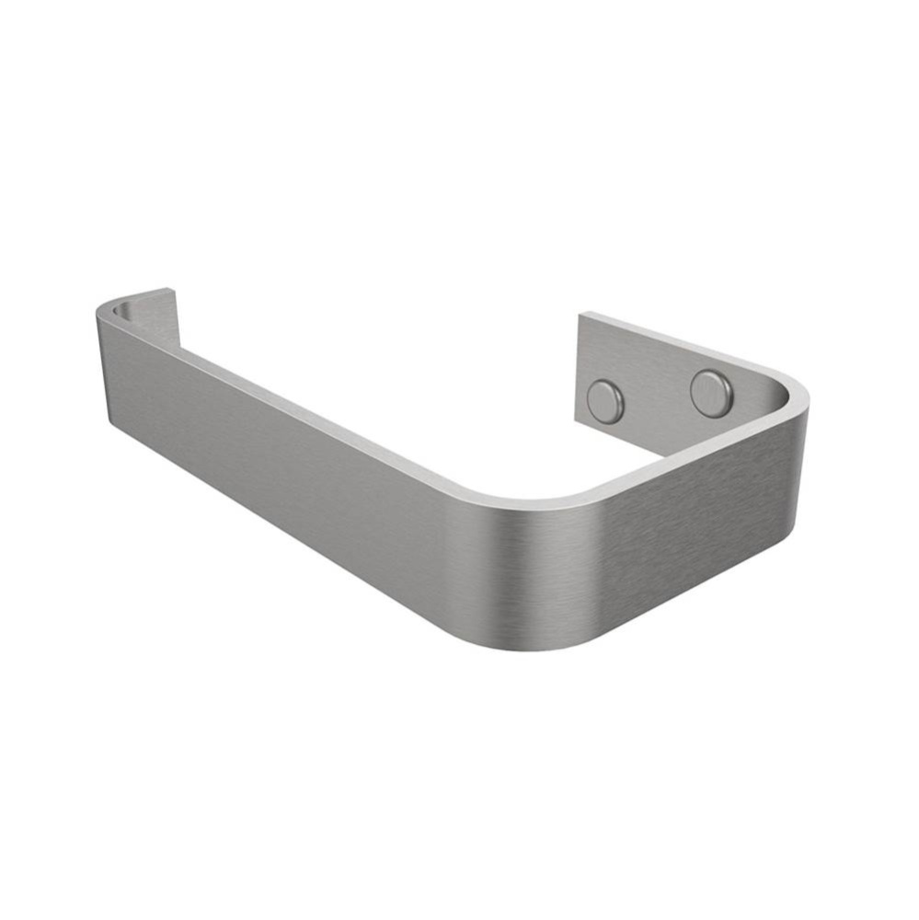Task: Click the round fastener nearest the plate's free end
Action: [605, 402]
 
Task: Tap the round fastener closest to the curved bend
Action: [711, 393]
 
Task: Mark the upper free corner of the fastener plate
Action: [580, 315]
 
